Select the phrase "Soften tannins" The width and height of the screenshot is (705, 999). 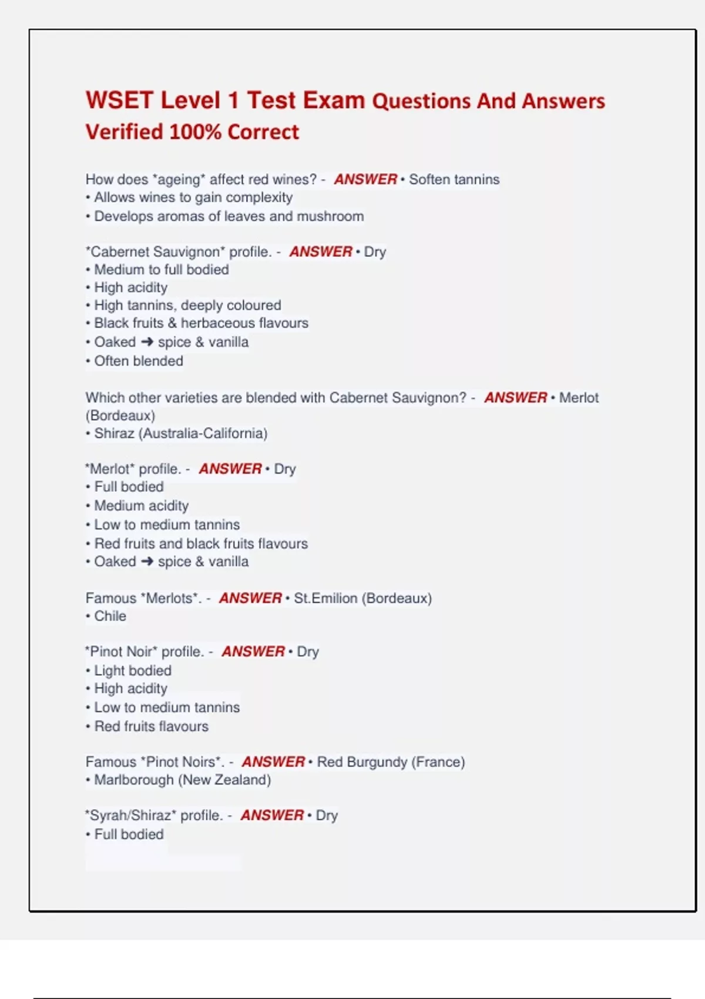[454, 179]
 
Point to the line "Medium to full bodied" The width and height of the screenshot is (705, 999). [162, 270]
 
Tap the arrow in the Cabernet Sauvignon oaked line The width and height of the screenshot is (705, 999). [147, 342]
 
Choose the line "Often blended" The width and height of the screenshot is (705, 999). [139, 361]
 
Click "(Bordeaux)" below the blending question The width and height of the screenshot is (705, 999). [120, 415]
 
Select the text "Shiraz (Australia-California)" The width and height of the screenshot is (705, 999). [180, 434]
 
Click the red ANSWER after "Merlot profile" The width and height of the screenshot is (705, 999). [230, 469]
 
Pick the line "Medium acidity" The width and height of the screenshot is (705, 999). [142, 506]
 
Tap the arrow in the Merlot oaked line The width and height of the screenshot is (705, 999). [147, 562]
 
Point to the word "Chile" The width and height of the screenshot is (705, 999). [110, 616]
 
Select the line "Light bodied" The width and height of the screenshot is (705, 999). [133, 671]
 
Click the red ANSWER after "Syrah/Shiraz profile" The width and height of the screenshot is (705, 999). [272, 816]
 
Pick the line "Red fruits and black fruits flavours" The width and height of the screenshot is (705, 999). [201, 544]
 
